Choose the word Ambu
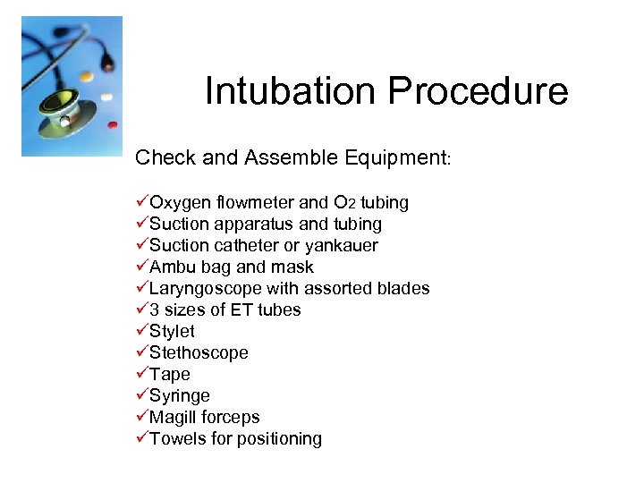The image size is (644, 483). point(170,267)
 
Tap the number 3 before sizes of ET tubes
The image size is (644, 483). point(155,310)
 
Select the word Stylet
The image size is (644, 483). point(172,332)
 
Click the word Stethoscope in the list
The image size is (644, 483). point(199,353)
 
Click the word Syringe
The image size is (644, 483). point(180,396)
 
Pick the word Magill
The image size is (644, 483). point(173,418)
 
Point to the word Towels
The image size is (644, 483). point(177,439)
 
